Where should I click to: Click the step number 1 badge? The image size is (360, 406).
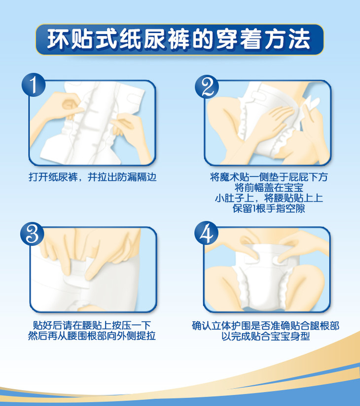(x=34, y=85)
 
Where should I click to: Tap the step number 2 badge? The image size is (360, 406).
(x=207, y=87)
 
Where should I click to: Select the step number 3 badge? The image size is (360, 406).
(x=33, y=234)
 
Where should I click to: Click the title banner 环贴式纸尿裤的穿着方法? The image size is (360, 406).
(x=180, y=39)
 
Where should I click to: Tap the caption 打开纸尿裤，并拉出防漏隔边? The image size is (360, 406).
(x=93, y=177)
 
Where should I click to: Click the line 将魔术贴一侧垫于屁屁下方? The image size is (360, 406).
(x=269, y=177)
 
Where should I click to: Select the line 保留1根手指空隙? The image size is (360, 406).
(x=269, y=208)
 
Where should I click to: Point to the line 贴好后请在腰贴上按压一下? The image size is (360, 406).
(x=92, y=325)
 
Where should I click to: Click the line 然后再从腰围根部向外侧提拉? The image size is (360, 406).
(x=92, y=336)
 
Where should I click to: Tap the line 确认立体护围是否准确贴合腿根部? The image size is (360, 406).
(x=266, y=326)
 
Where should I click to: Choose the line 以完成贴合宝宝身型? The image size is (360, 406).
(x=266, y=337)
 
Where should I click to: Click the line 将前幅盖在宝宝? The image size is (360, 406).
(x=269, y=187)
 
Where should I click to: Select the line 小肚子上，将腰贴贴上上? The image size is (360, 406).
(x=269, y=198)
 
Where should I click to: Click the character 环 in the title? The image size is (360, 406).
(x=58, y=39)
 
